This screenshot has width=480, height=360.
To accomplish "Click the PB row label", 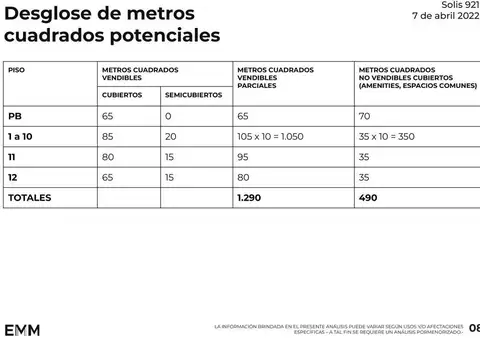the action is coord(15,115).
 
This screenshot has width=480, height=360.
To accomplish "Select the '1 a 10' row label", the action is coord(22,136).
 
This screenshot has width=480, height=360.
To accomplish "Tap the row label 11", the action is coord(12,157).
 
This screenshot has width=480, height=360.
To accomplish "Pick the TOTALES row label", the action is coord(30,198).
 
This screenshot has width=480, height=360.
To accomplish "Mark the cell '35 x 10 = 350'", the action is coord(389,136).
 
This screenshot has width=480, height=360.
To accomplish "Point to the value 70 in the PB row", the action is coord(363,115).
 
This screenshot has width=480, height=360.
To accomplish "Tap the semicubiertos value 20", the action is coord(170,136).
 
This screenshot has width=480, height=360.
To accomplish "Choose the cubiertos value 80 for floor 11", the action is coord(108,157).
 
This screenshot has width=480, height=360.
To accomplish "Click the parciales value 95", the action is coord(243,157).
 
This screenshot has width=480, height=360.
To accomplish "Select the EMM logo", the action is coord(22,330).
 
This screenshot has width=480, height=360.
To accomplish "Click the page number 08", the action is coord(473,328).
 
